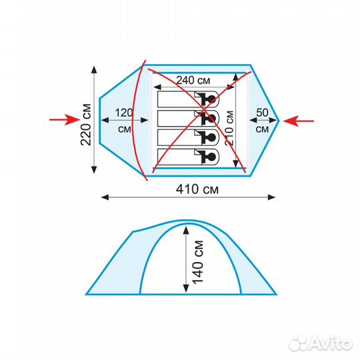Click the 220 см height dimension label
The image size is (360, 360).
[x=86, y=125]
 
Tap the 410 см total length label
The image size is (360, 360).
[x=197, y=189]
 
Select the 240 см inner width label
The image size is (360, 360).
[x=193, y=80]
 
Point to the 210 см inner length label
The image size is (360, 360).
[x=229, y=127]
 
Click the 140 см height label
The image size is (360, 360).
[x=198, y=262]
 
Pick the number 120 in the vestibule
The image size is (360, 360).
[x=124, y=113]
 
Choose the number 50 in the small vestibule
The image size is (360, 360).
[x=262, y=113]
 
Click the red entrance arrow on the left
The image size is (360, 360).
[x=65, y=119]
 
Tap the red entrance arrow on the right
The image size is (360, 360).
[x=299, y=121]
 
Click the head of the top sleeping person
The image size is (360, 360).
[x=211, y=99]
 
